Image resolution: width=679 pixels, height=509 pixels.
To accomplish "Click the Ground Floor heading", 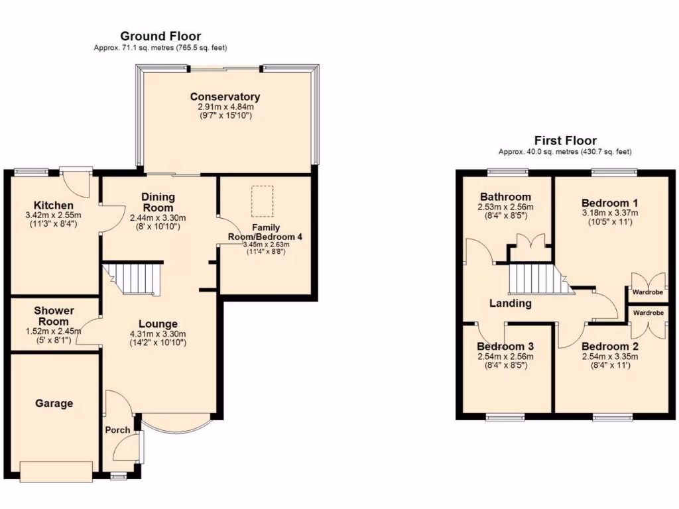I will (x=160, y=36).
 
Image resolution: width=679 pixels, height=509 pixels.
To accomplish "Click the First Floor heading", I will (x=565, y=141).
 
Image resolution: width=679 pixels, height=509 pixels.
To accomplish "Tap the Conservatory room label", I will (x=225, y=97).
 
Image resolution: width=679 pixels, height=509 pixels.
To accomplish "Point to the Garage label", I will (x=54, y=403).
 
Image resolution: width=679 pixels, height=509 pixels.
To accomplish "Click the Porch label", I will (x=118, y=430).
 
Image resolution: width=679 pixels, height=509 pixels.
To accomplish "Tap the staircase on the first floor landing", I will (x=538, y=279).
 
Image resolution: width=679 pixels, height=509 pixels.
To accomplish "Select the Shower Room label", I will (x=54, y=316).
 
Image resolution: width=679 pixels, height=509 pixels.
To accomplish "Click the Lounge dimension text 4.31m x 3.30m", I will (x=158, y=334).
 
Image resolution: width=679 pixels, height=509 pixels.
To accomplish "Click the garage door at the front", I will (x=56, y=471).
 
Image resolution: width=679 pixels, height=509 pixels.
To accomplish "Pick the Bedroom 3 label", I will (x=505, y=347).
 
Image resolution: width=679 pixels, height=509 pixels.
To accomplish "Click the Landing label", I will (x=510, y=304).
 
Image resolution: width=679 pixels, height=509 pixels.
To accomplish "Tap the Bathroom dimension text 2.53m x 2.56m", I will (x=505, y=207).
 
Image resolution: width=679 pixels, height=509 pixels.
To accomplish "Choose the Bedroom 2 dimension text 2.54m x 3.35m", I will (x=609, y=357).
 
